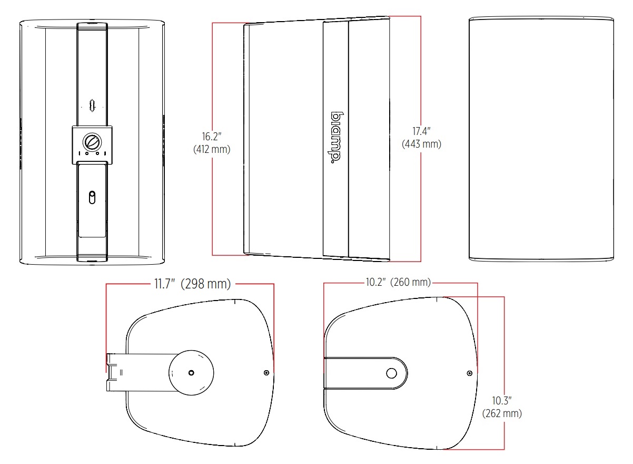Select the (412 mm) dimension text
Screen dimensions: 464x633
pos(212,149)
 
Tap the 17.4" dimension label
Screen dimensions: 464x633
pos(421,130)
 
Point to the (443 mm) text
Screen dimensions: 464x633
pos(421,144)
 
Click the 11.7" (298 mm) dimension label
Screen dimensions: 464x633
pos(192,284)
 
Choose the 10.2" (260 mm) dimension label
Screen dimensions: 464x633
pos(398,283)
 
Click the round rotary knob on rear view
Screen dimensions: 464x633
pos(92,141)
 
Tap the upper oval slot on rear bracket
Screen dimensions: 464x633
pos(92,104)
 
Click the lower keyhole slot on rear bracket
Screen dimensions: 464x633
pos(92,198)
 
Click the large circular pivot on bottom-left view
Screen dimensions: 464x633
pos(191,372)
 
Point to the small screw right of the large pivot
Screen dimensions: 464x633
pos(266,373)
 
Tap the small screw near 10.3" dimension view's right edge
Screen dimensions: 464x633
pos(469,373)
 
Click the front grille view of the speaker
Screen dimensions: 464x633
pos(541,138)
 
